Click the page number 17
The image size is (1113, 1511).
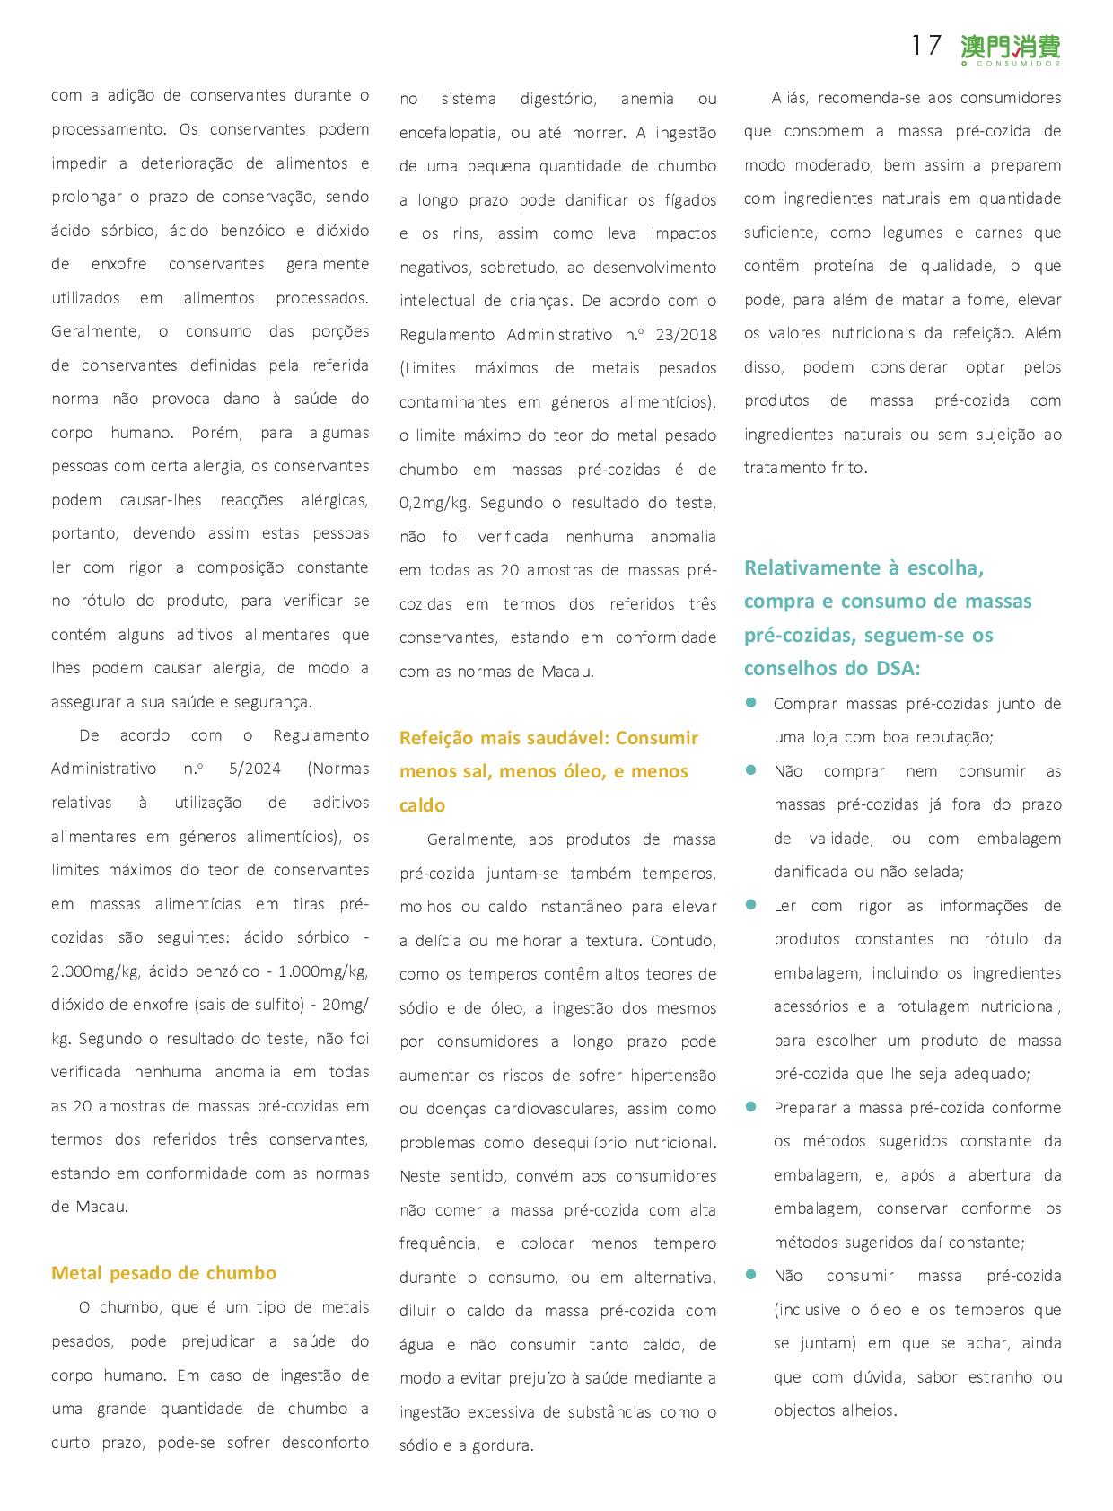925,46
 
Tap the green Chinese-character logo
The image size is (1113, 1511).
1010,48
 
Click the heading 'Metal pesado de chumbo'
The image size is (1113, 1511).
163,1273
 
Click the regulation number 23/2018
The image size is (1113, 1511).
686,335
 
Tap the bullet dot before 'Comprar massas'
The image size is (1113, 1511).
752,703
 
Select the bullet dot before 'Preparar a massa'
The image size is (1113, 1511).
752,1107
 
